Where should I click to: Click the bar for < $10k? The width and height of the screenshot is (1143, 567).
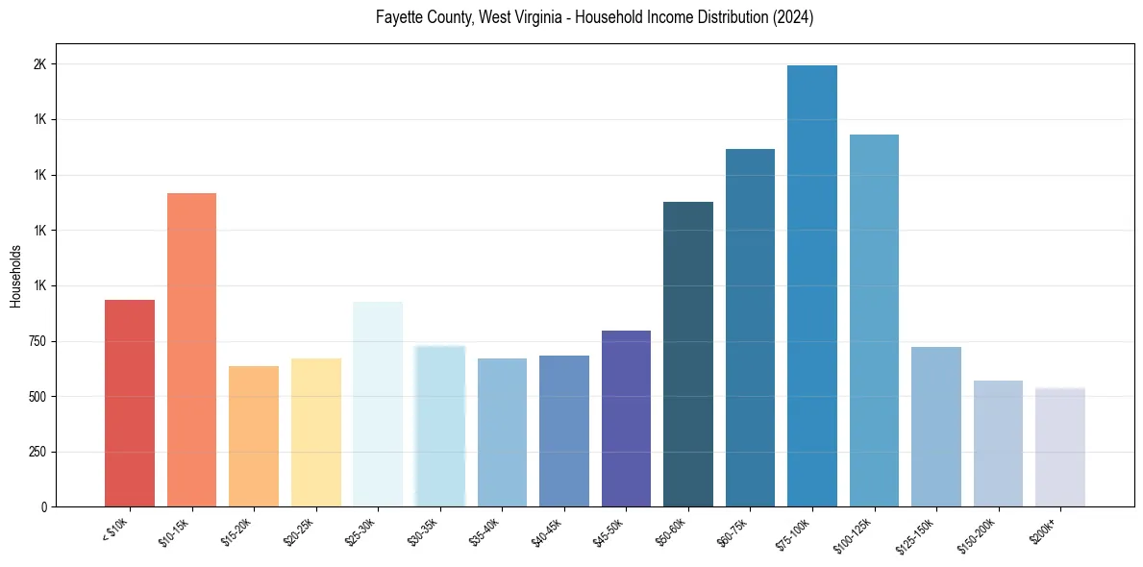pyautogui.click(x=130, y=404)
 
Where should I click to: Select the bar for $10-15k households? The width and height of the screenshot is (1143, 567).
pyautogui.click(x=191, y=350)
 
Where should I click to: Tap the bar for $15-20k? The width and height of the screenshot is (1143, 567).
pyautogui.click(x=254, y=436)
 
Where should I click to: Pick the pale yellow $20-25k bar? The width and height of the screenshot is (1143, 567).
pyautogui.click(x=316, y=432)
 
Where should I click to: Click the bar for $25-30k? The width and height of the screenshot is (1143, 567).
pyautogui.click(x=378, y=405)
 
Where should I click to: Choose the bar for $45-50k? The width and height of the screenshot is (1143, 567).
pyautogui.click(x=626, y=419)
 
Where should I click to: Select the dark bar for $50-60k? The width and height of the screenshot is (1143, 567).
pyautogui.click(x=688, y=355)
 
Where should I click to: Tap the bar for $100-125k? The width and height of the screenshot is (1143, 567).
pyautogui.click(x=874, y=321)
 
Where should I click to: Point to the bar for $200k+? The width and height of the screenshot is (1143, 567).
pyautogui.click(x=1060, y=448)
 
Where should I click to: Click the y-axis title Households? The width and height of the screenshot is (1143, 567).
pyautogui.click(x=15, y=276)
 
